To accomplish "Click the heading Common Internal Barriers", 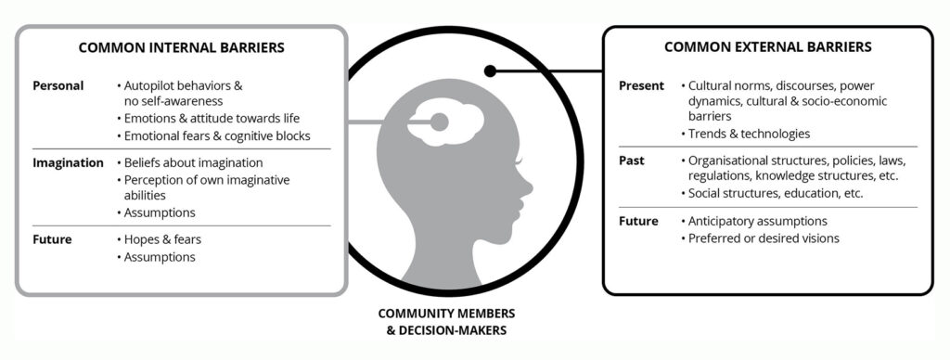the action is tap(181, 48).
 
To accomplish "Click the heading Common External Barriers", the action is tap(767, 47).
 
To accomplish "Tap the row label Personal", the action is tap(58, 86).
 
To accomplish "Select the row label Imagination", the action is tap(68, 163).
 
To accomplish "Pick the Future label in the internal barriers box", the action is tap(52, 239).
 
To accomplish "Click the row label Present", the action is tap(642, 86).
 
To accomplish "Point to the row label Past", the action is tap(631, 161).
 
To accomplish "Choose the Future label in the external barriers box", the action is tap(638, 221).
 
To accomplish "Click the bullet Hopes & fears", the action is tap(159, 239).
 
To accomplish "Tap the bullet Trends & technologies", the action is tap(745, 134).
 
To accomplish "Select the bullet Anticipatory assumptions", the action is tap(753, 221).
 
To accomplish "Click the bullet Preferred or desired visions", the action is tap(760, 238).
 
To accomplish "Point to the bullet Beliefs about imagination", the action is tap(189, 163).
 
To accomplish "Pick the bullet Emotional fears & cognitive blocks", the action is tap(213, 135).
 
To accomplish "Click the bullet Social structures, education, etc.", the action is tap(772, 193).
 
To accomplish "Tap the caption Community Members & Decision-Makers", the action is tap(446, 322).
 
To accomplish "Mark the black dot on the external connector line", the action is tap(490, 71).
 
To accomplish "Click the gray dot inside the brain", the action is tap(439, 122).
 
